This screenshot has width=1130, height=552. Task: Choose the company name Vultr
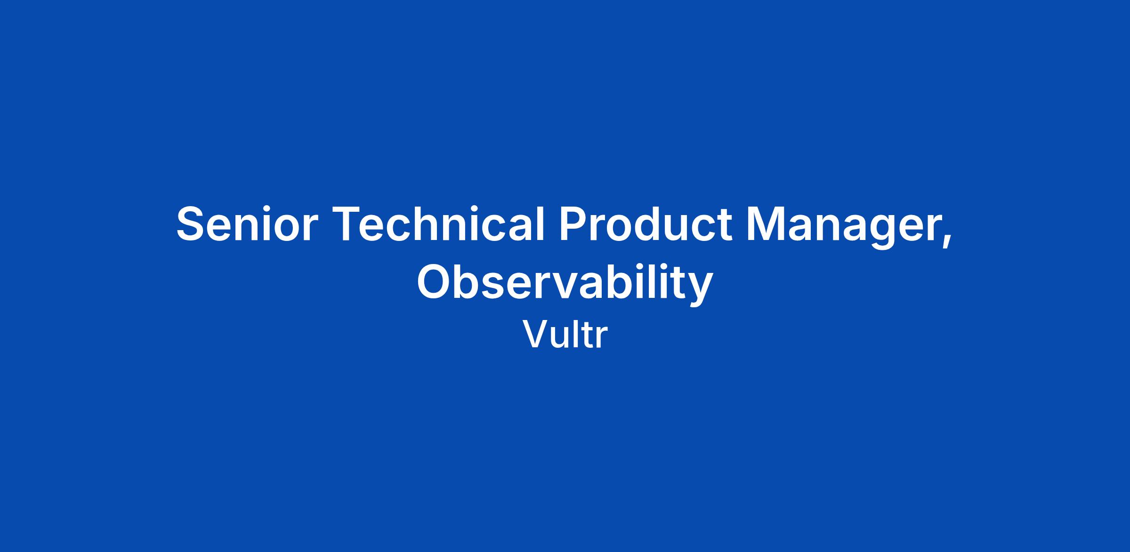tap(565, 335)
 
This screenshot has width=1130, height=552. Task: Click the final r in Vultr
tap(602, 338)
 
